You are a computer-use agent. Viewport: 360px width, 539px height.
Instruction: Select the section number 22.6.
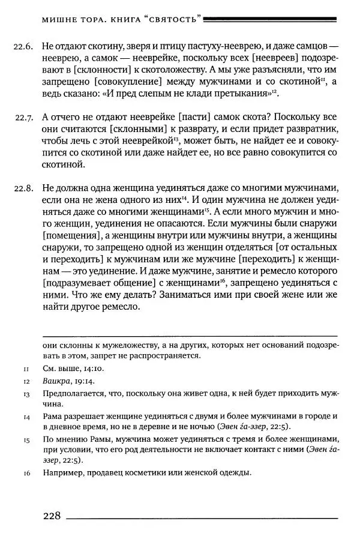click(22, 46)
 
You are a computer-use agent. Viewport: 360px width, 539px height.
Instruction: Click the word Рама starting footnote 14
click(54, 416)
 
